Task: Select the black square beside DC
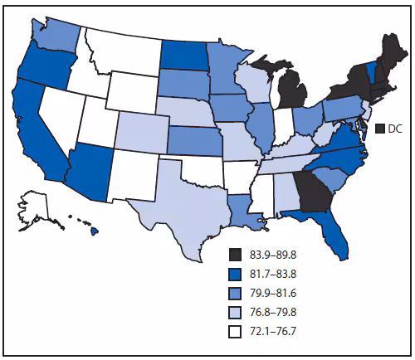tap(383, 129)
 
